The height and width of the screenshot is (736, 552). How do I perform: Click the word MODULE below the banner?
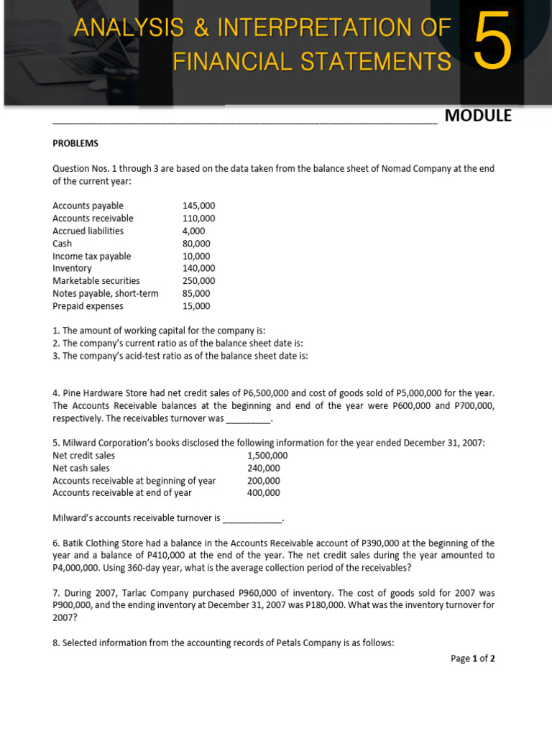[478, 116]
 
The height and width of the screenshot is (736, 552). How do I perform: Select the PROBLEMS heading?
[75, 143]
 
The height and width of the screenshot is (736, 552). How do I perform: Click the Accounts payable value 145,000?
[199, 206]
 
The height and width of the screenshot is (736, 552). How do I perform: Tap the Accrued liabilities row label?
[88, 231]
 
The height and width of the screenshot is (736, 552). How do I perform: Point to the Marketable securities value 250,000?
[199, 281]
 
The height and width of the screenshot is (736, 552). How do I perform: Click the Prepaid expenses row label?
[88, 306]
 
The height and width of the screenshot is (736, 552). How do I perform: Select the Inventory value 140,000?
[199, 268]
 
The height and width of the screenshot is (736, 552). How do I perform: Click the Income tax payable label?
[92, 256]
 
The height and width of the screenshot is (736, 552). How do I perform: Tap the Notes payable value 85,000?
[196, 293]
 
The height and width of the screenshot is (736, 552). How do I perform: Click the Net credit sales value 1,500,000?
[267, 456]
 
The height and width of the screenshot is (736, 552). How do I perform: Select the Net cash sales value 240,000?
[264, 468]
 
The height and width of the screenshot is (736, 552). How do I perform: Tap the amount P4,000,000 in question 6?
[78, 568]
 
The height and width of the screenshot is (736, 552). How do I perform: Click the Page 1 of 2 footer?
[472, 658]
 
